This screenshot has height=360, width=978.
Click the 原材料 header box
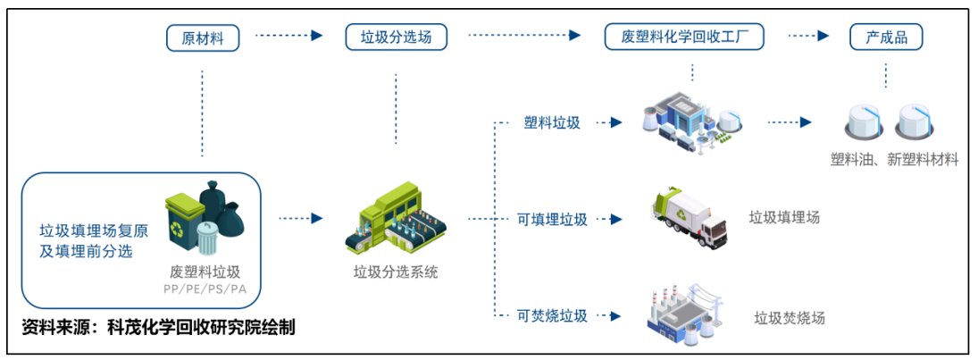tap(203, 37)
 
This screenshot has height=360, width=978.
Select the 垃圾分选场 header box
tap(396, 37)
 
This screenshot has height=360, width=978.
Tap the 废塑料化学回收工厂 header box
tap(683, 37)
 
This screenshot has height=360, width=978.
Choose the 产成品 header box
tap(885, 37)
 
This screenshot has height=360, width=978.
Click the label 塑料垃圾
tap(552, 123)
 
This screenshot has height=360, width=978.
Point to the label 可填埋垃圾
tap(552, 219)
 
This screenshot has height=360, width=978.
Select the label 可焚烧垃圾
tap(552, 315)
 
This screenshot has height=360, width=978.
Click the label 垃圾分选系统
tap(396, 272)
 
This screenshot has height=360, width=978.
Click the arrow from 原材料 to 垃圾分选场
tap(288, 37)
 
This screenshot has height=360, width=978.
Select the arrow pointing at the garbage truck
tap(609, 219)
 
